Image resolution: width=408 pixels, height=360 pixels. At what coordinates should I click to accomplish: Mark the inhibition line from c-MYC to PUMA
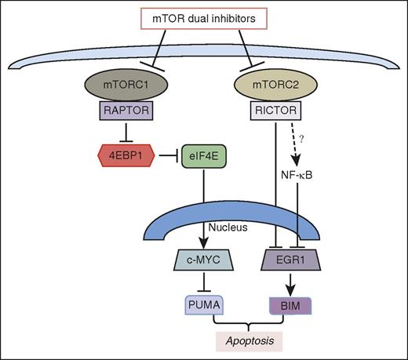point(207,281)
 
